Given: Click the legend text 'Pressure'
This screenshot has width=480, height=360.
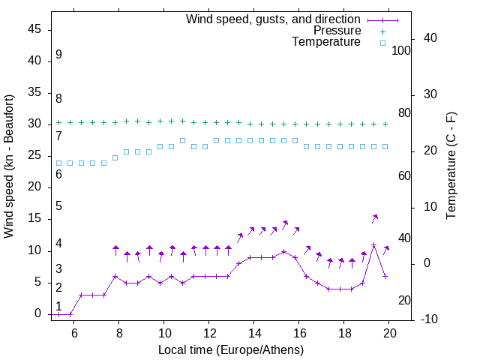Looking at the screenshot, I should (x=337, y=31).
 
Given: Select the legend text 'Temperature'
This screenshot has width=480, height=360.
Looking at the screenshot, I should (x=326, y=43).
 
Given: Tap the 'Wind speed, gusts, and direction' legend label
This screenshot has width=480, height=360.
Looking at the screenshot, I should (x=274, y=19).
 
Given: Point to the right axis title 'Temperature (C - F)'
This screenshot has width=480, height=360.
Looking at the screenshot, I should (x=451, y=166).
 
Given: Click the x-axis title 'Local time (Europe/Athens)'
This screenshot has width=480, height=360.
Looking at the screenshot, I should (x=231, y=349).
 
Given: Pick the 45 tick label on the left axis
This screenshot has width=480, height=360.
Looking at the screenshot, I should (x=35, y=29).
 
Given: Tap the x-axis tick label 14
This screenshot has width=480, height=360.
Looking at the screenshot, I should (x=254, y=333).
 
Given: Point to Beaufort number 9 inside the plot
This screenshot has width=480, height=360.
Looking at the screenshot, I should (x=58, y=55).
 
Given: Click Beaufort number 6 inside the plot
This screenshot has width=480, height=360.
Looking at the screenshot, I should (x=58, y=175).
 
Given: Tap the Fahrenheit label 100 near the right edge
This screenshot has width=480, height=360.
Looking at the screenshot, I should (x=401, y=50).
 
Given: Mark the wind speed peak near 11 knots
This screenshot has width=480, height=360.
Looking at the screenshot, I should (x=373, y=244).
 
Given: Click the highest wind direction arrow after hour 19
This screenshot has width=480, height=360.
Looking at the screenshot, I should (x=375, y=218).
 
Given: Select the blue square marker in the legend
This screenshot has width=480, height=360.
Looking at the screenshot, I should (x=382, y=43).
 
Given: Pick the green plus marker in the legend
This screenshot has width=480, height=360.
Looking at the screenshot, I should (x=382, y=31).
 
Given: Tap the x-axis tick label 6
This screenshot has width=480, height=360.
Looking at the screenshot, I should (x=74, y=333).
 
